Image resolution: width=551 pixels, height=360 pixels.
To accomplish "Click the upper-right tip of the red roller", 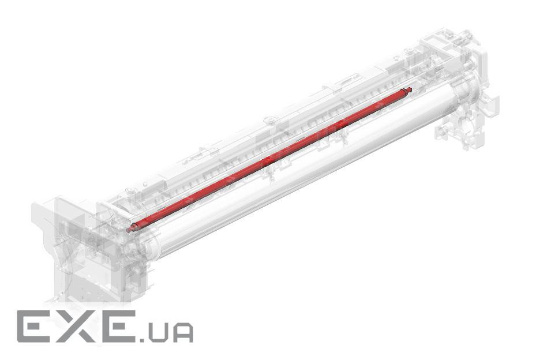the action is (x=411, y=89).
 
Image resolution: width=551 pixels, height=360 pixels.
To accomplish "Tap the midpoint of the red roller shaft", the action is (x=269, y=159).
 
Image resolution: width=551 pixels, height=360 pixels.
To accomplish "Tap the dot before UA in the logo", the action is (x=143, y=339).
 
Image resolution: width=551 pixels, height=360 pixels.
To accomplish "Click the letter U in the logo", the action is (x=158, y=332).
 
